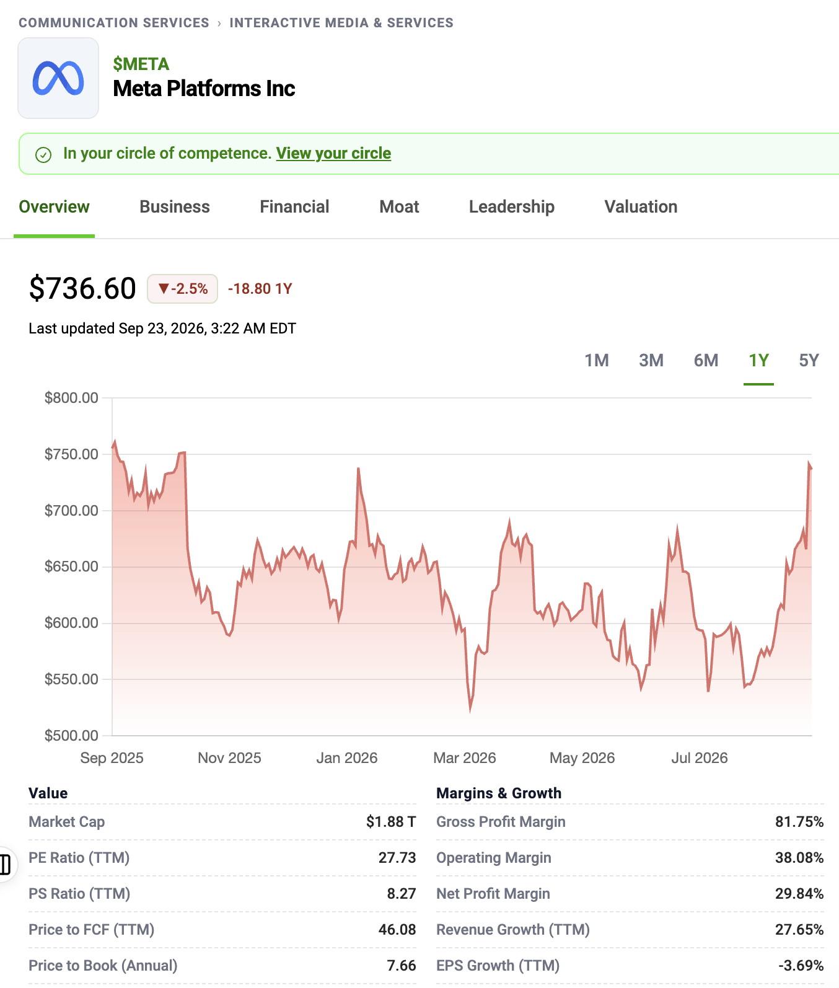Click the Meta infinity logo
pyautogui.click(x=58, y=78)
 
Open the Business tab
pyautogui.click(x=175, y=207)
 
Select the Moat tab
pyautogui.click(x=399, y=207)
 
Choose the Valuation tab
pyautogui.click(x=641, y=207)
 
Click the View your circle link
pyautogui.click(x=333, y=154)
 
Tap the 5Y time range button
pyautogui.click(x=809, y=360)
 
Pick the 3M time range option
pyautogui.click(x=651, y=360)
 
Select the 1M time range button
pyautogui.click(x=597, y=360)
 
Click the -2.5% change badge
pyautogui.click(x=182, y=289)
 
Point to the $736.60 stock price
pyautogui.click(x=82, y=289)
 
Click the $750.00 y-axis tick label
pyautogui.click(x=71, y=454)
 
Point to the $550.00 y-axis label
pyautogui.click(x=71, y=679)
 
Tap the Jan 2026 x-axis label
pyautogui.click(x=347, y=758)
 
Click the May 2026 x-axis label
pyautogui.click(x=582, y=758)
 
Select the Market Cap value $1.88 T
pyautogui.click(x=391, y=822)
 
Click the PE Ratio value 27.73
pyautogui.click(x=397, y=858)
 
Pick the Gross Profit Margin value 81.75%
pyautogui.click(x=799, y=822)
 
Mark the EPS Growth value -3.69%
pyautogui.click(x=801, y=966)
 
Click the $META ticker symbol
pyautogui.click(x=141, y=64)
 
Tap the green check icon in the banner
pyautogui.click(x=43, y=154)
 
